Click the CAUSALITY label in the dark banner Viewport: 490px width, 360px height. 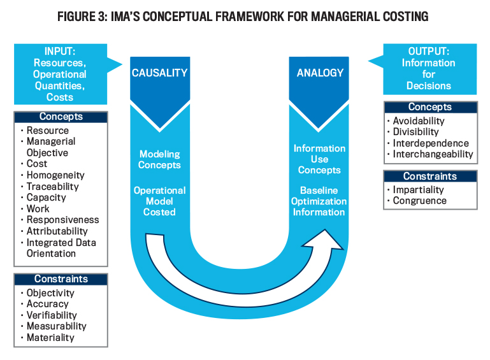(159, 73)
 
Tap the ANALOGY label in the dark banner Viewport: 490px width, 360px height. (319, 73)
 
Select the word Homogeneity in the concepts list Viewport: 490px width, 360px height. (55, 175)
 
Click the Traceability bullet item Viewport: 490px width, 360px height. (52, 187)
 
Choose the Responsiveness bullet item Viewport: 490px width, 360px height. (62, 220)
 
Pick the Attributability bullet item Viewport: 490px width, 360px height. (57, 231)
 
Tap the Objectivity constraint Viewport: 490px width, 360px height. (50, 293)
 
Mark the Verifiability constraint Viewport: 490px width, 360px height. (52, 315)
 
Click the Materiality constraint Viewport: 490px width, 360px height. (50, 338)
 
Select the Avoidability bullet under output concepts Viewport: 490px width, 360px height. (419, 120)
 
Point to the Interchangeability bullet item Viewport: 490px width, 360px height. (433, 154)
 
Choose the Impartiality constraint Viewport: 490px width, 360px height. (418, 189)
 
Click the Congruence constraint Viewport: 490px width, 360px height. (419, 201)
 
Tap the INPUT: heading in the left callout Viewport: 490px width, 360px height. (61, 52)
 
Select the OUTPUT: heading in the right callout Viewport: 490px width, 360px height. (428, 52)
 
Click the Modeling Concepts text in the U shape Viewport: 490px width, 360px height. (159, 159)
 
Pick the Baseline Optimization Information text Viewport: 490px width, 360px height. (319, 201)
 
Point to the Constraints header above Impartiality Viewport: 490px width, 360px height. (429, 176)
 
